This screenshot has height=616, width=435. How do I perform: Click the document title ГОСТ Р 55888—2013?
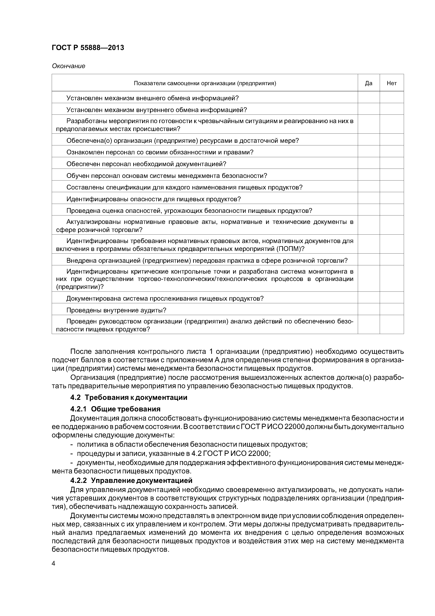point(88,48)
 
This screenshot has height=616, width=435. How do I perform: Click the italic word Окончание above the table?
point(68,66)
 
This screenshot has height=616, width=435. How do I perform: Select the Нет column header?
point(391,83)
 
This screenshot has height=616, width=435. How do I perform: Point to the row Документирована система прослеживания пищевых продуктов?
point(165,298)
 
